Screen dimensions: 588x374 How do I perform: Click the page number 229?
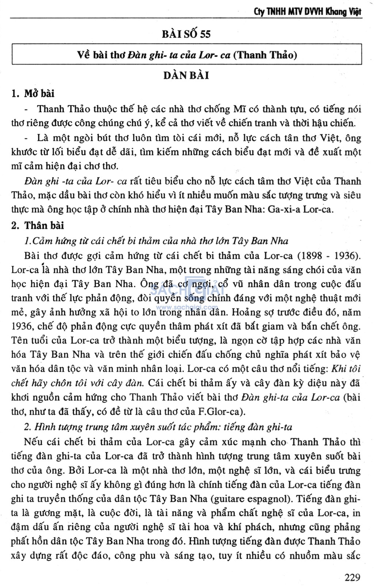(x=352, y=577)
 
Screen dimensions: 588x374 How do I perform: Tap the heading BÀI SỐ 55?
(x=186, y=34)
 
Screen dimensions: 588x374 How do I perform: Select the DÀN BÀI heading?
(x=186, y=76)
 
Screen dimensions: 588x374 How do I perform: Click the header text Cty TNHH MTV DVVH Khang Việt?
(x=307, y=12)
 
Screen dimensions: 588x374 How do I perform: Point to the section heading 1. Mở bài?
(x=33, y=94)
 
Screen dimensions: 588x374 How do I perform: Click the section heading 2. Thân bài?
(x=38, y=225)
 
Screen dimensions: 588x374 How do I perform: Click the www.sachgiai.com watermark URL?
(x=187, y=308)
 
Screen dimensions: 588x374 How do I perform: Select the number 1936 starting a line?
(x=21, y=326)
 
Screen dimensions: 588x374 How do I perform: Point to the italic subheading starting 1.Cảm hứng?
(x=156, y=241)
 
